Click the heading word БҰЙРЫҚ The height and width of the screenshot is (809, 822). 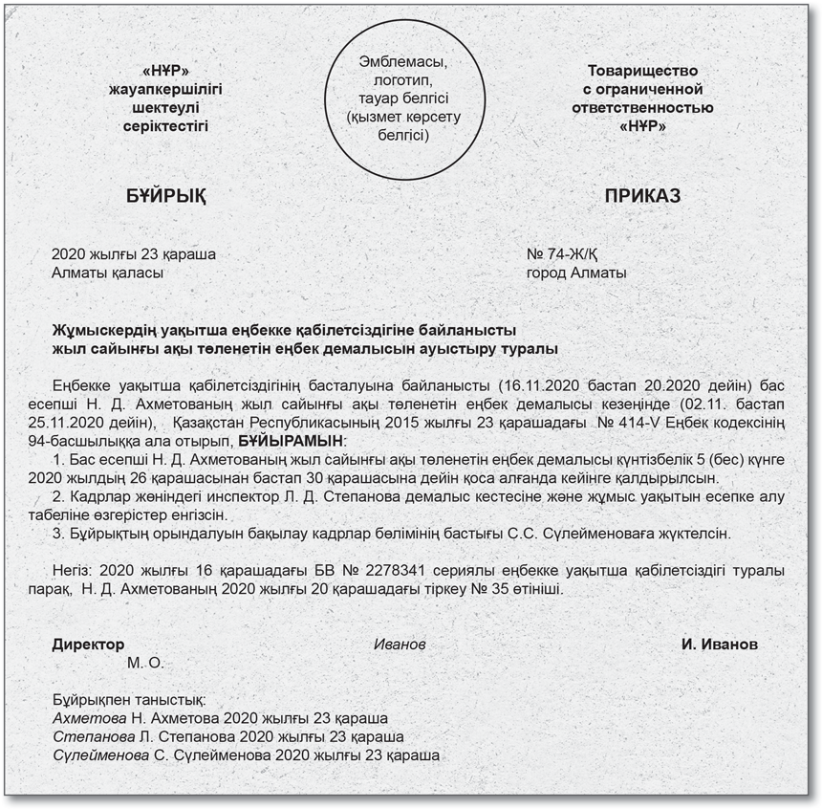pos(165,196)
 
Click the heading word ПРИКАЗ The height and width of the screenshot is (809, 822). pos(642,196)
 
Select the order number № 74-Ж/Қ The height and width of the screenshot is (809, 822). pos(568,255)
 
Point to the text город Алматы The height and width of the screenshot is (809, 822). pos(576,273)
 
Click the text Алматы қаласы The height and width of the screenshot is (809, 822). pos(107,273)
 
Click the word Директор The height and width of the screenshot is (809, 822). pos(88,645)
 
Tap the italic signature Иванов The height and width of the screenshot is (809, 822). pos(399,645)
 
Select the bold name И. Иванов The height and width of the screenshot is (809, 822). pos(719,645)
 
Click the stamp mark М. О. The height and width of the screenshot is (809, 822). pos(145,662)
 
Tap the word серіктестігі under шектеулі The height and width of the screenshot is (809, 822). pos(165,125)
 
